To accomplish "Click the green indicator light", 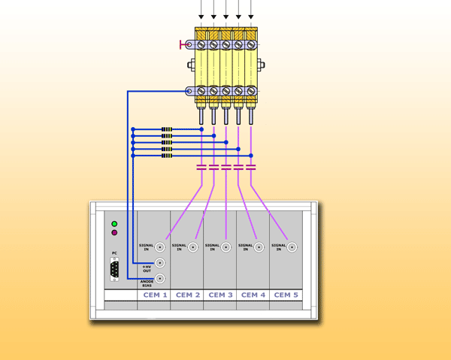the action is point(114,224).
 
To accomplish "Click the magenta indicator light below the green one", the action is point(114,233).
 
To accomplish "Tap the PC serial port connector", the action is point(114,269).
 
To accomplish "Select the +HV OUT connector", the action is point(160,262).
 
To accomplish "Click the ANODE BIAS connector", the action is point(160,278).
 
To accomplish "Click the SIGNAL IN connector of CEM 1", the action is point(160,247).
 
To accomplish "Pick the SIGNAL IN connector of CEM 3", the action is point(225,247).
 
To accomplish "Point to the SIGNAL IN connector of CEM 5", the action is point(292,247).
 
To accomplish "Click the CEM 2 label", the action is point(188,295).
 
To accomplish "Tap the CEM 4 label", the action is point(253,295).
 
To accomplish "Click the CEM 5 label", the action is point(286,295).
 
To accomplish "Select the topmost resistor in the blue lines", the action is point(167,129).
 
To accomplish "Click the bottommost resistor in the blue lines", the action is point(167,156).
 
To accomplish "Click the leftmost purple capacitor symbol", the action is point(201,167).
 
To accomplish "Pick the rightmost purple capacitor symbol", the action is point(251,167).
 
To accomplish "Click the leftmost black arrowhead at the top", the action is point(201,17).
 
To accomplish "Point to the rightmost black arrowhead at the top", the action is point(251,17).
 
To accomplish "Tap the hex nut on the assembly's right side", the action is point(261,65).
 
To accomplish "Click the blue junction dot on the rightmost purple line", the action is point(251,156).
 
